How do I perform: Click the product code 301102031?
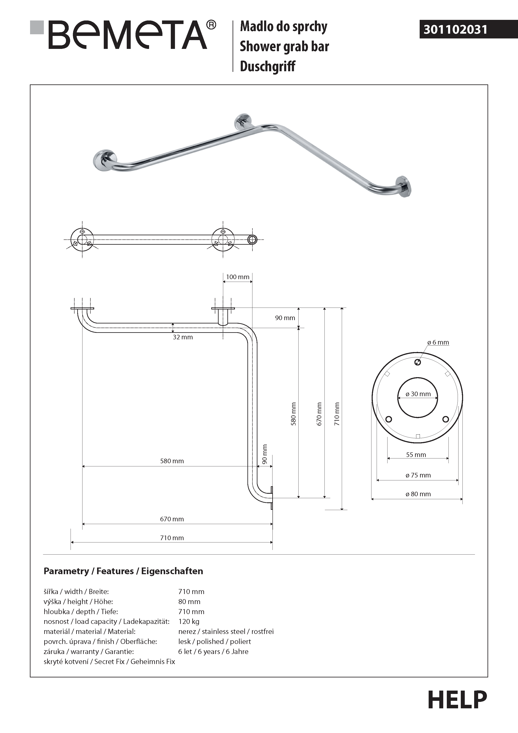455,30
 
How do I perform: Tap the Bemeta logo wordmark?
128,35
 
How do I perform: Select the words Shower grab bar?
284,46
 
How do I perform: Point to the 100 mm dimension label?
238,277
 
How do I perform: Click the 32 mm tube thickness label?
183,337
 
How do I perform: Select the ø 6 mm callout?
438,342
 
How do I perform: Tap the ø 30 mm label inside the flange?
418,394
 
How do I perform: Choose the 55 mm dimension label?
416,455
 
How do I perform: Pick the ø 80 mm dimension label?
418,494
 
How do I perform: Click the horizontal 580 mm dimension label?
172,461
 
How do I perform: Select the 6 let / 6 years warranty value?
213,651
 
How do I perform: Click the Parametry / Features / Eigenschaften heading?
123,571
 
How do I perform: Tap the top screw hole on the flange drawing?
418,362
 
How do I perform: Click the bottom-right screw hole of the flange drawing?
446,419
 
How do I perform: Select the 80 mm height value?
189,602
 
